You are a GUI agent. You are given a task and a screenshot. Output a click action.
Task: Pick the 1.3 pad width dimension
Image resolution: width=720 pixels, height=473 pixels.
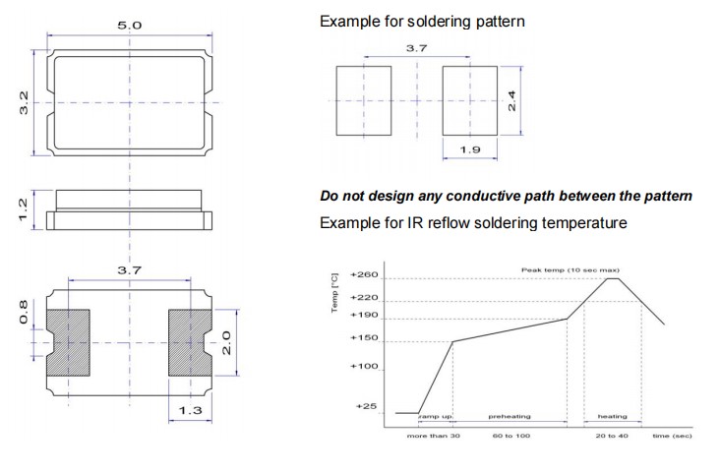189,410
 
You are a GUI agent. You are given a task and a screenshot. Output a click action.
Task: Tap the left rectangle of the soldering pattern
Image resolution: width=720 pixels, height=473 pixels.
363,100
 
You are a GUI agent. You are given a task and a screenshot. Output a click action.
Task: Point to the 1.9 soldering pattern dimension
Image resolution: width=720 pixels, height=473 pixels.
469,149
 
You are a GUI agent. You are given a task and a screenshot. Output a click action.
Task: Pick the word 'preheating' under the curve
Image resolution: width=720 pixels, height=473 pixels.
510,417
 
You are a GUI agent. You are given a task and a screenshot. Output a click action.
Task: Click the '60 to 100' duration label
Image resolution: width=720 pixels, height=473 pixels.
511,434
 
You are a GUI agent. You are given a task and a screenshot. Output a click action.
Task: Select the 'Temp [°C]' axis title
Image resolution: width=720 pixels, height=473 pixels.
336,293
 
